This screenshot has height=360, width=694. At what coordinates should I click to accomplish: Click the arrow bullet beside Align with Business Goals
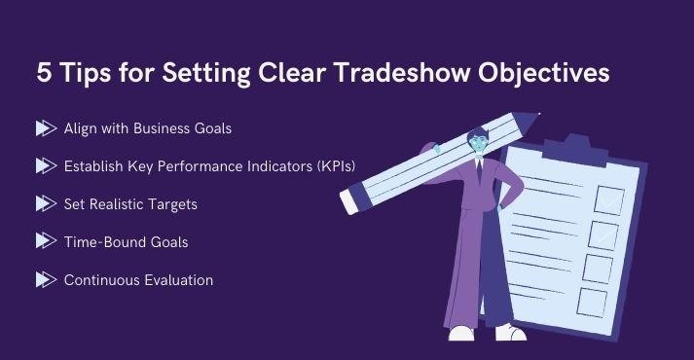point(45,128)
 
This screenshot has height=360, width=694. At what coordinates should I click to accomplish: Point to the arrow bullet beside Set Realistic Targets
point(45,203)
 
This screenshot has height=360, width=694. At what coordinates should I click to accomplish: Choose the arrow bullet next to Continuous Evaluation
point(45,280)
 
